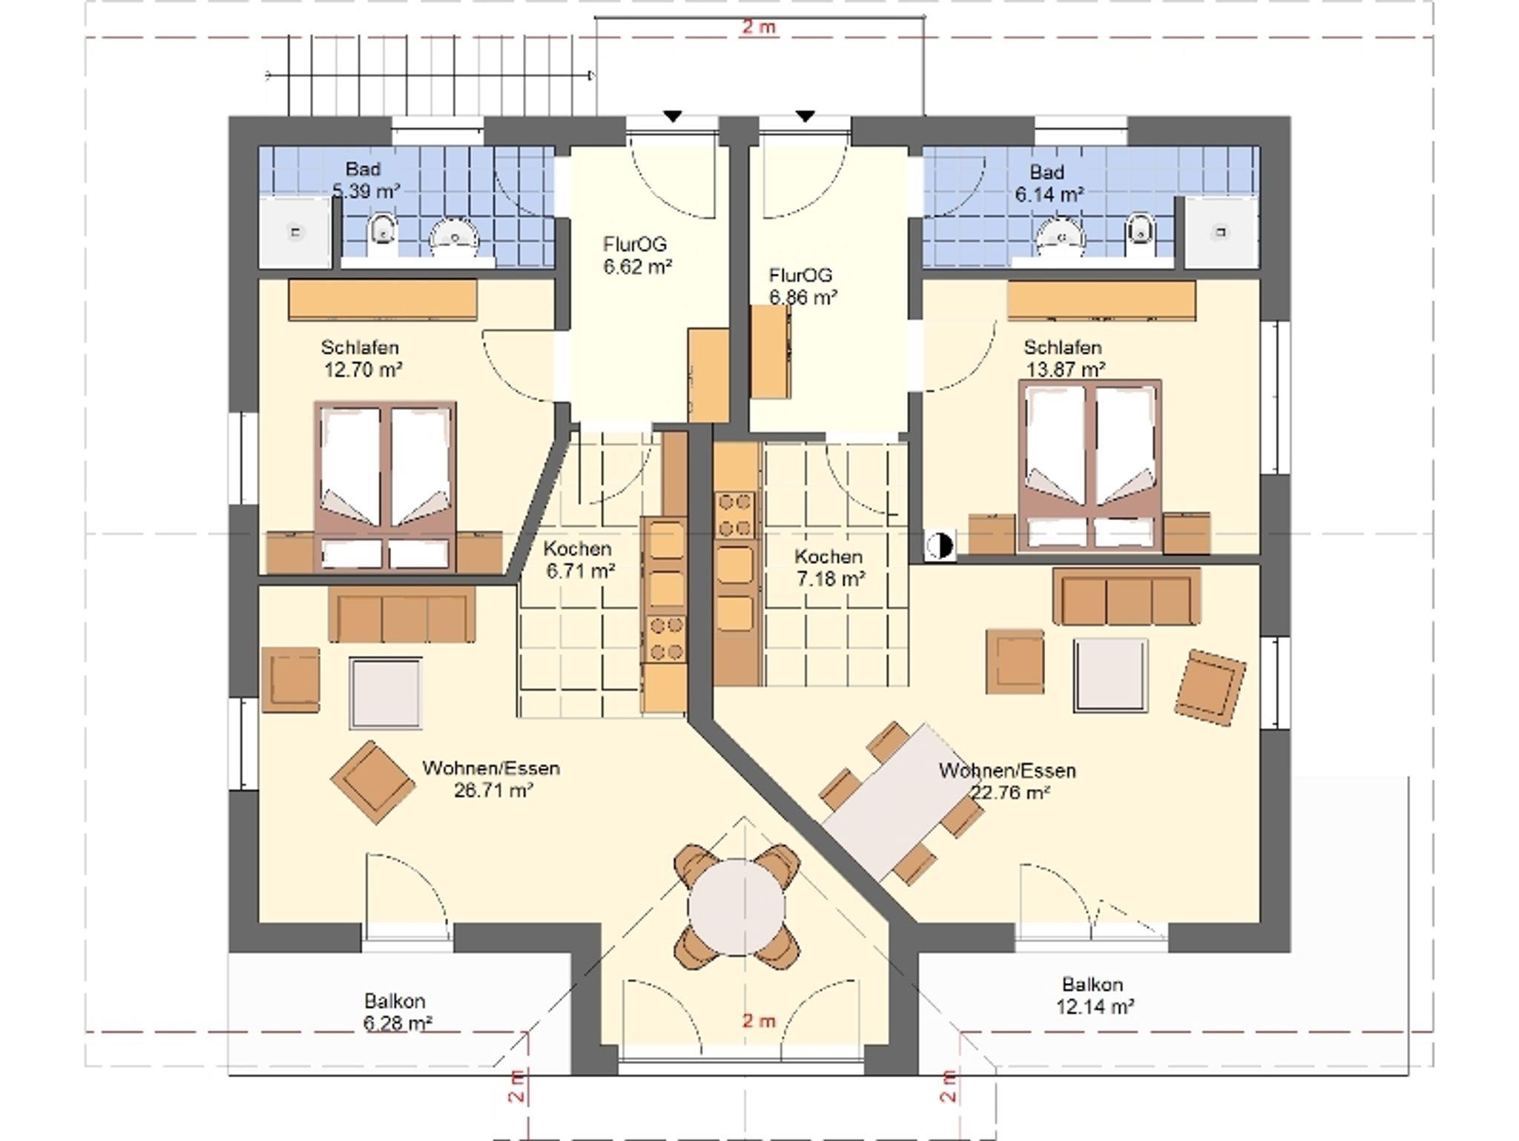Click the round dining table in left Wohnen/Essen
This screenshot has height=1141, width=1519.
pos(736,907)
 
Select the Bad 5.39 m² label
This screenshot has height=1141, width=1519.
pos(366,180)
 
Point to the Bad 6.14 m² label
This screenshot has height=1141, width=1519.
pos(1049,183)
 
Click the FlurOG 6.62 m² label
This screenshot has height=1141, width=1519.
pos(637,254)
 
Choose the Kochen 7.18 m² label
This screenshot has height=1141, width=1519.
pos(829,568)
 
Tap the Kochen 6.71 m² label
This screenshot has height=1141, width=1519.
pos(579,560)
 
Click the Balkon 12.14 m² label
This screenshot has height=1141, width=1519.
pos(1094,996)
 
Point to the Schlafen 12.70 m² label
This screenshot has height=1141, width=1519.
pos(362,358)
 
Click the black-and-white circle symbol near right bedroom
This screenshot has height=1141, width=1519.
pos(939,546)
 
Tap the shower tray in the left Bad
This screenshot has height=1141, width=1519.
pos(295,232)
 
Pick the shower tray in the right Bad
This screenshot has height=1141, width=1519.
pos(1221,232)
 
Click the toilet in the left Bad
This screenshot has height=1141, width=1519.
pos(383,228)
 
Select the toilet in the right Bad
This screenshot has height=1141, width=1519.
pos(1139,228)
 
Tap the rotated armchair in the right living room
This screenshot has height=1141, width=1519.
pos(1210,687)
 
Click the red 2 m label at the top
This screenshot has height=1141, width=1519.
pos(759,27)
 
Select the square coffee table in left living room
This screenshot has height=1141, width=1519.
pos(386,693)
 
